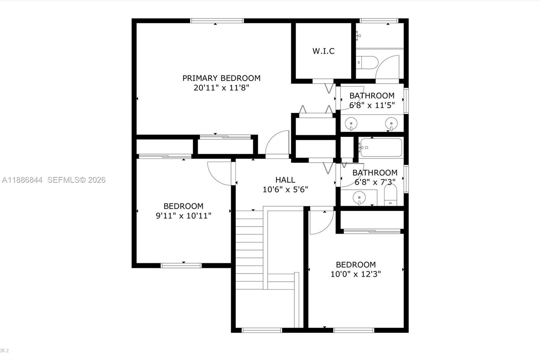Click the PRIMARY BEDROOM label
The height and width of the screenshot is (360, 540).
[x=221, y=78]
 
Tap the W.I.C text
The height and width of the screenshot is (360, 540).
[x=323, y=51]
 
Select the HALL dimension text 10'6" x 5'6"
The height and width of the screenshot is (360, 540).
[x=285, y=189]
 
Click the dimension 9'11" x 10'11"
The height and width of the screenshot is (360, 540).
[x=184, y=215]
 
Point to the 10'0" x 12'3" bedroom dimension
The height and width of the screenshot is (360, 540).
[x=356, y=274]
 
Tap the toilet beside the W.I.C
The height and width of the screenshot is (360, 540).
[x=368, y=62]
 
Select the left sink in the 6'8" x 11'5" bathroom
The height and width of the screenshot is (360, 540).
[x=351, y=123]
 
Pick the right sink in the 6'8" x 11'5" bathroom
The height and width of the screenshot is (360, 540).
[x=391, y=123]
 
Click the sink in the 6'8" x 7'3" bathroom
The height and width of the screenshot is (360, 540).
[x=359, y=197]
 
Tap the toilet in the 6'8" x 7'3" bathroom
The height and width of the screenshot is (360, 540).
[x=390, y=196]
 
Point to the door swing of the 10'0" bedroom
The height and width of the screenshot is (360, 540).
[x=321, y=222]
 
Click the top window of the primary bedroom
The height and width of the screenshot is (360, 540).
[x=217, y=21]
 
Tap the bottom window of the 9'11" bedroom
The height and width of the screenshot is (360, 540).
[x=181, y=265]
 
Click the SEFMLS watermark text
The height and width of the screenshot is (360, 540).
[x=76, y=180]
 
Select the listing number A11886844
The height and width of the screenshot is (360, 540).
[x=22, y=180]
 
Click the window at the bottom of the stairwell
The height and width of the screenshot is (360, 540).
[x=262, y=330]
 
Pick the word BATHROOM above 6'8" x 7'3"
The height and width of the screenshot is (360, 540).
[x=375, y=173]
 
